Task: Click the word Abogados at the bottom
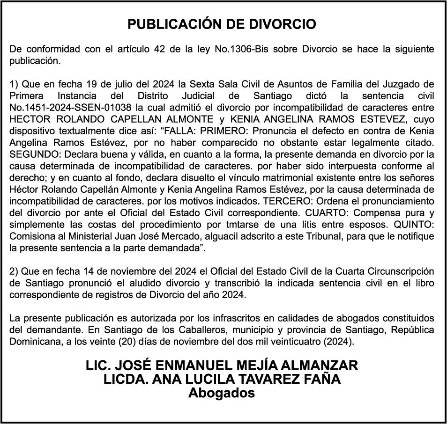click(x=222, y=393)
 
